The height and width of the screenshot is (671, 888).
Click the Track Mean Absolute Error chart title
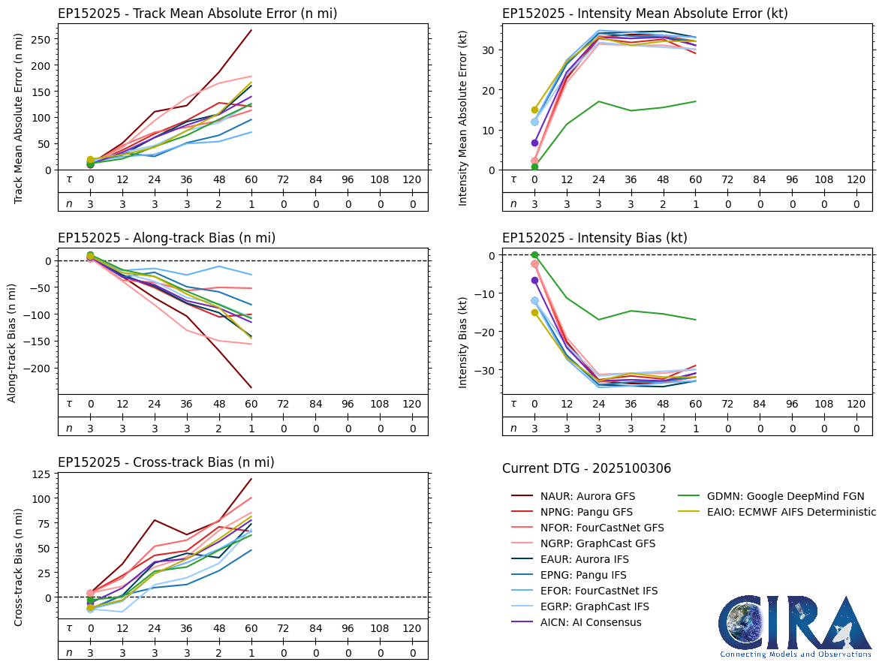pos(197,14)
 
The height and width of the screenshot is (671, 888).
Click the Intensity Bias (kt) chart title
pos(595,238)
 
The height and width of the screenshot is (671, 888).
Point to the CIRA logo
pos(796,624)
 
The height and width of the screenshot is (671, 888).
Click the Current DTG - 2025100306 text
pos(586,468)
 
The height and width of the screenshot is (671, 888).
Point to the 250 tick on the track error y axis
pos(46,39)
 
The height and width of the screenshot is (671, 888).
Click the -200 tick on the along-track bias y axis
pos(41,369)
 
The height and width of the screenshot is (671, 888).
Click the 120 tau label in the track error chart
pos(412,179)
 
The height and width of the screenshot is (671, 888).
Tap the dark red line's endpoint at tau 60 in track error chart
pos(251,30)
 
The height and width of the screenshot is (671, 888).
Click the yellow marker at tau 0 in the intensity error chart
pos(534,110)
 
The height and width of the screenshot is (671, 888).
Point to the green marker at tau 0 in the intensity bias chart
pos(534,255)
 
